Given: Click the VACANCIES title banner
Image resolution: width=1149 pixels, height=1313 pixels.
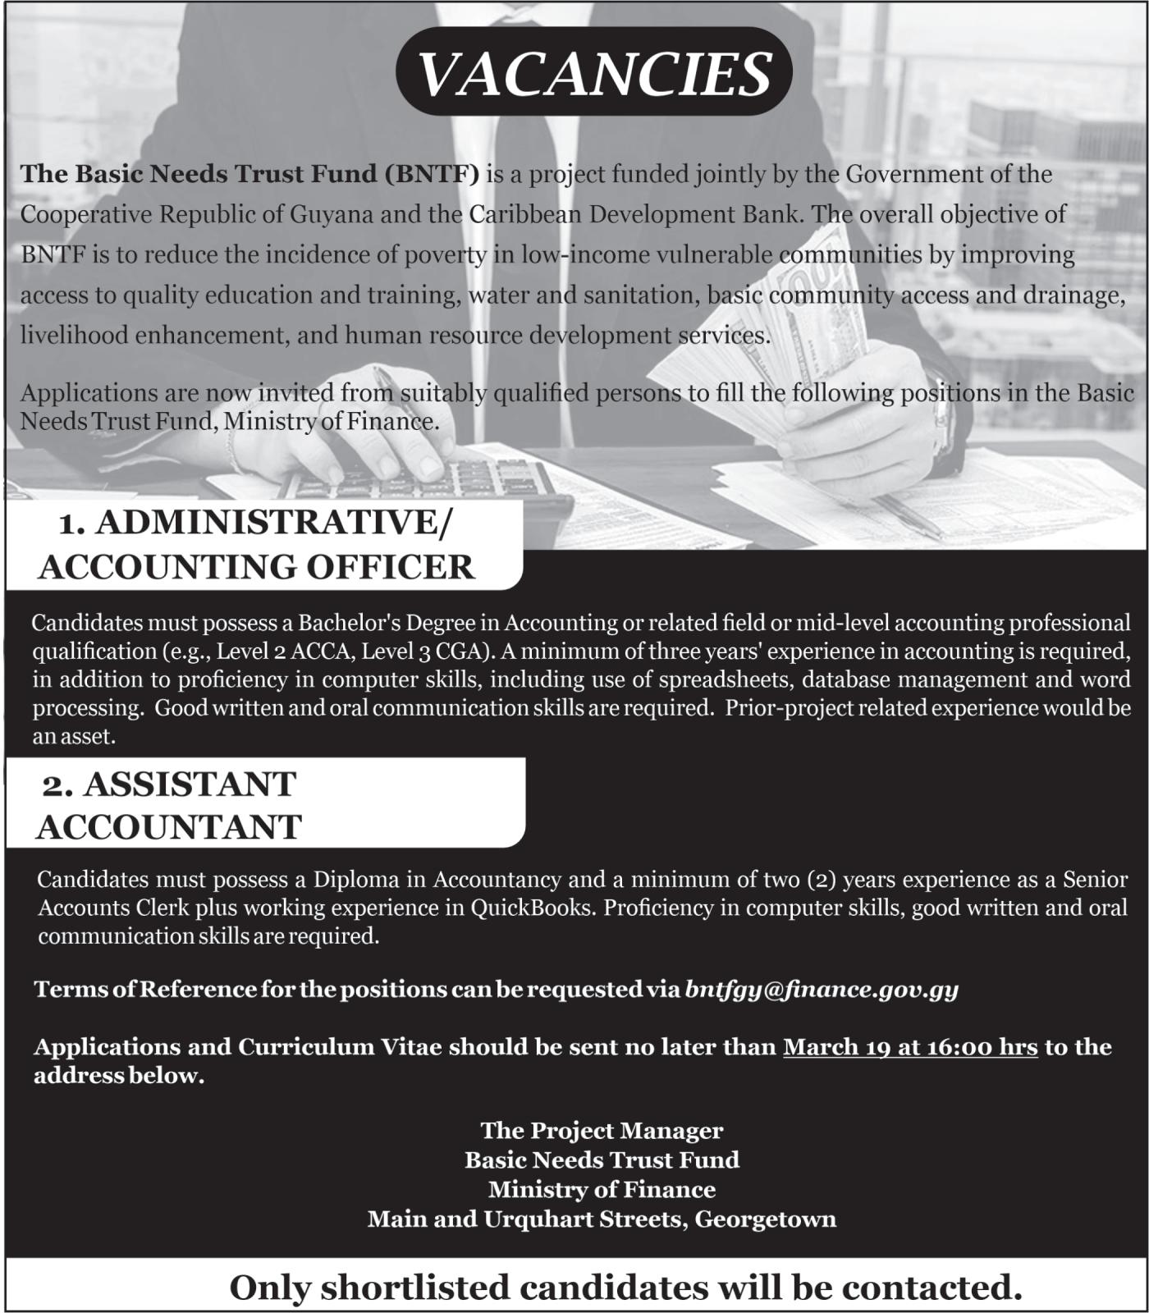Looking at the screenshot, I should (x=593, y=72).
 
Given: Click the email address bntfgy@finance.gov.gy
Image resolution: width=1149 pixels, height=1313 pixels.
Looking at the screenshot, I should (x=822, y=989).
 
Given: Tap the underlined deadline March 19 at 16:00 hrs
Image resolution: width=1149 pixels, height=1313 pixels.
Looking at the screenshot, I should (x=910, y=1047).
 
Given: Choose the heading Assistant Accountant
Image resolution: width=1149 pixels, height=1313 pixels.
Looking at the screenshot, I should (x=169, y=805).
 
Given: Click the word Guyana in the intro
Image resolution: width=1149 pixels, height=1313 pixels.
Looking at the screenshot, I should (x=330, y=214).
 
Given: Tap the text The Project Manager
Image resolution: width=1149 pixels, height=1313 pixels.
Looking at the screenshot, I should (x=602, y=1131).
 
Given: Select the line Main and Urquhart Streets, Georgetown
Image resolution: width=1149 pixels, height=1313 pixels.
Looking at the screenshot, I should (x=602, y=1219).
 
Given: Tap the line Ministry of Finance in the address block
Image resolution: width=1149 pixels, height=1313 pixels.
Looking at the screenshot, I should (x=602, y=1190).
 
